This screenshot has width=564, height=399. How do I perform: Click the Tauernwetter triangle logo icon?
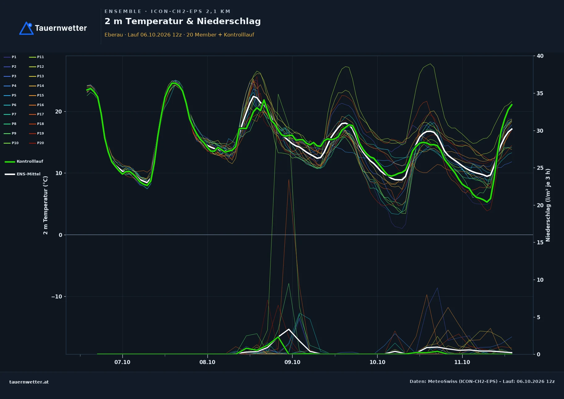click(26, 28)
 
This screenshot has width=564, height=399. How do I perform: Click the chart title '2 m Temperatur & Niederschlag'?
click(182, 21)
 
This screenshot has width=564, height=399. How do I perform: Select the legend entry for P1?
click(10, 57)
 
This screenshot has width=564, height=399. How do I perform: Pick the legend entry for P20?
click(36, 143)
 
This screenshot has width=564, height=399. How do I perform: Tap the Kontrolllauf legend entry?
click(24, 161)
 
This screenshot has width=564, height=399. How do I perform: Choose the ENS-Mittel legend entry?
click(23, 174)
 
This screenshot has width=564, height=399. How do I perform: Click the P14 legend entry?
click(36, 86)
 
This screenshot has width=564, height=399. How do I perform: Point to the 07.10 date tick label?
click(122, 362)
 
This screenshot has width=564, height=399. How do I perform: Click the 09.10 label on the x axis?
click(292, 362)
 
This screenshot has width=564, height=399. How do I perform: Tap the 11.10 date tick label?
click(462, 362)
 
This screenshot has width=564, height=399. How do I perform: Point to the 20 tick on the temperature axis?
click(58, 112)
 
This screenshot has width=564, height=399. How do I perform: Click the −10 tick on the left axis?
click(57, 297)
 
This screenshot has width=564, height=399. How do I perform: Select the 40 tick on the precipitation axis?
click(540, 56)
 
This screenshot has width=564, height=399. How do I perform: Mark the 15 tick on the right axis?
click(540, 242)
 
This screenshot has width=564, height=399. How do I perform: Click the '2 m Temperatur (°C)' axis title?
click(45, 205)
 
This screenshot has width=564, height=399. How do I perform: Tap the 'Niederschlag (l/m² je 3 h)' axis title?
click(548, 205)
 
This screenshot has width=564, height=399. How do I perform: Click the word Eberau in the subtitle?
click(113, 35)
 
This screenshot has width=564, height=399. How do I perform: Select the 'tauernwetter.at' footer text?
click(29, 382)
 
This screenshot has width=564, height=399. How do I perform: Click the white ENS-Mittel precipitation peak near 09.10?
click(288, 329)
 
